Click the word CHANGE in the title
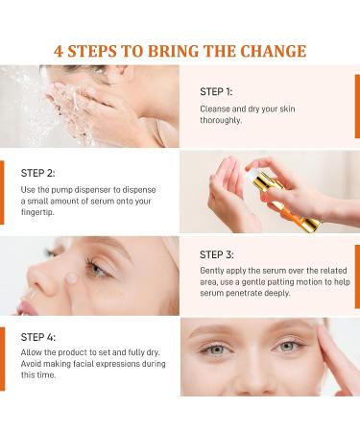pyautogui.click(x=273, y=51)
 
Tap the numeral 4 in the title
pyautogui.click(x=59, y=51)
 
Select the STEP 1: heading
pyautogui.click(x=216, y=92)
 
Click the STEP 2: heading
pyautogui.click(x=37, y=173)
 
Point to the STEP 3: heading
pyautogui.click(x=217, y=254)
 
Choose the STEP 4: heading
pyautogui.click(x=38, y=337)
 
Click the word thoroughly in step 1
pyautogui.click(x=221, y=120)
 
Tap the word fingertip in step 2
pyautogui.click(x=37, y=212)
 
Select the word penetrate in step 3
pyautogui.click(x=244, y=293)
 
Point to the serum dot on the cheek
pyautogui.click(x=71, y=278)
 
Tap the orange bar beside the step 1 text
pyautogui.click(x=357, y=107)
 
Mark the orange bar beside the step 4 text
pyautogui.click(x=2, y=359)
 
